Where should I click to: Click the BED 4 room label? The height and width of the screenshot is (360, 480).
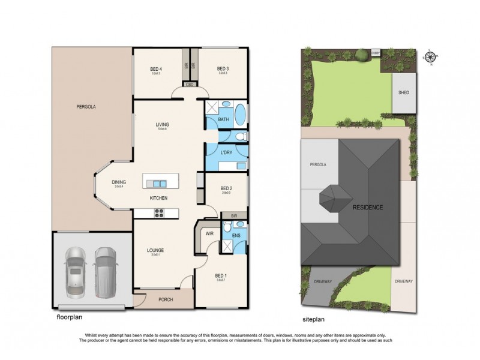tap(156, 69)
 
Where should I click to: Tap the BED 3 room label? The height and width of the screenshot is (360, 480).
tap(223, 69)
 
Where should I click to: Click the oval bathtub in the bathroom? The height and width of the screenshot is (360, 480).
tap(239, 114)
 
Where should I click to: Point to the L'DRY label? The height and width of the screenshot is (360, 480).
tap(226, 153)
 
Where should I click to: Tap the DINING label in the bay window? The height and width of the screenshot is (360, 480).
tap(119, 182)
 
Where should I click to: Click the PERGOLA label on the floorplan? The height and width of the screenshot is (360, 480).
tap(86, 107)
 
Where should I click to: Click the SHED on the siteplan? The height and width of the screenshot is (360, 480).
tap(403, 93)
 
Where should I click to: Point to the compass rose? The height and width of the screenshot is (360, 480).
tap(430, 58)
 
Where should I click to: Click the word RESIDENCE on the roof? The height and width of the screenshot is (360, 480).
tap(367, 208)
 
